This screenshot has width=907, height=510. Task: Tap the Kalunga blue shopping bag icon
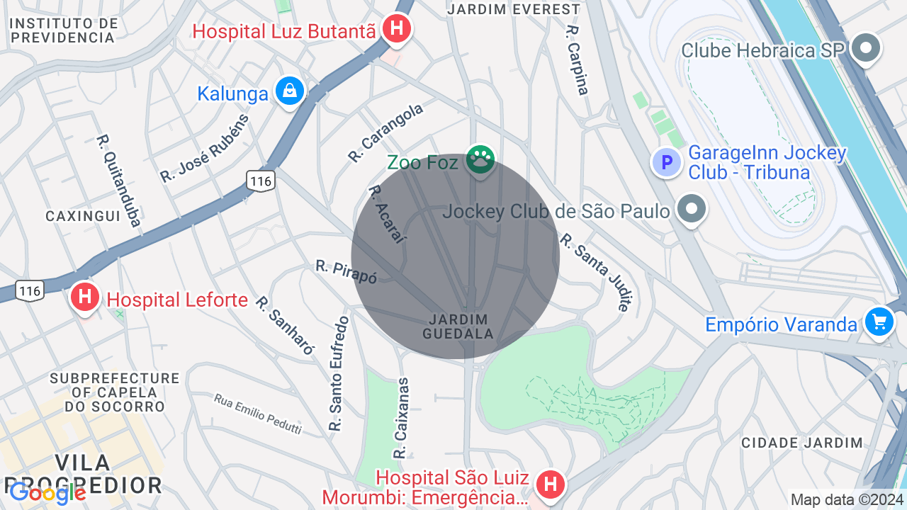[289, 91]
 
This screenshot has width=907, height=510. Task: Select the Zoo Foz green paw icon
[480, 160]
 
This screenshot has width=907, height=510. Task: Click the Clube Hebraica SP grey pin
[865, 49]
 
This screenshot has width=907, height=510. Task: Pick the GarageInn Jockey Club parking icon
[666, 163]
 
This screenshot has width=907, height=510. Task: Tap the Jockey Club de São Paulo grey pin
[692, 210]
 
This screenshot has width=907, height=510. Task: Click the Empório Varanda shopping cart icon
[879, 322]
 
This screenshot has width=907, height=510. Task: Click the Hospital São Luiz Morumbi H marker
[550, 485]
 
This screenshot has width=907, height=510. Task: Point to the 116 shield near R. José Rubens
[261, 181]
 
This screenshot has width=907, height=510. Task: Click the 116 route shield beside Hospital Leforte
[30, 290]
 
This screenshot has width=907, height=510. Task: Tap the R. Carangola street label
[385, 132]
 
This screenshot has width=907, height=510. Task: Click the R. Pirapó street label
[346, 271]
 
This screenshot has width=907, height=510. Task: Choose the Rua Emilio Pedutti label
[258, 414]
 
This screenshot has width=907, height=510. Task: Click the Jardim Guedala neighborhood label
[457, 327]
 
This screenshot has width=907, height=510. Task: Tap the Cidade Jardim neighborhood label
[802, 443]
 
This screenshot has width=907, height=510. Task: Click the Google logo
[47, 492]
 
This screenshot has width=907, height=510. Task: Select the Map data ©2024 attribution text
[847, 499]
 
